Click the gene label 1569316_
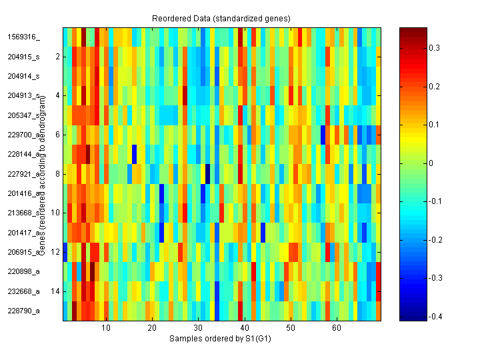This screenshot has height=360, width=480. tap(24, 37)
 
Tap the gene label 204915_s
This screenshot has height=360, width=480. tap(24, 57)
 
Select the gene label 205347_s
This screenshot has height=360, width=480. tap(24, 115)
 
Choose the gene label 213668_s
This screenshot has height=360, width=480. tap(24, 213)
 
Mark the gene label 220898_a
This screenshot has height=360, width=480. tap(24, 272)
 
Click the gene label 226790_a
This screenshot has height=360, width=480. tap(24, 311)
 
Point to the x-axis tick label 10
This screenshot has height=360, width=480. tap(105, 329)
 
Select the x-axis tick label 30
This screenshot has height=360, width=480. tap(198, 329)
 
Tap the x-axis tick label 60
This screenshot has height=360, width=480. tap(337, 329)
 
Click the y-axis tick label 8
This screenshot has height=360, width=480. tap(57, 174)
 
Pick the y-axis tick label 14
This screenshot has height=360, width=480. tap(55, 291)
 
